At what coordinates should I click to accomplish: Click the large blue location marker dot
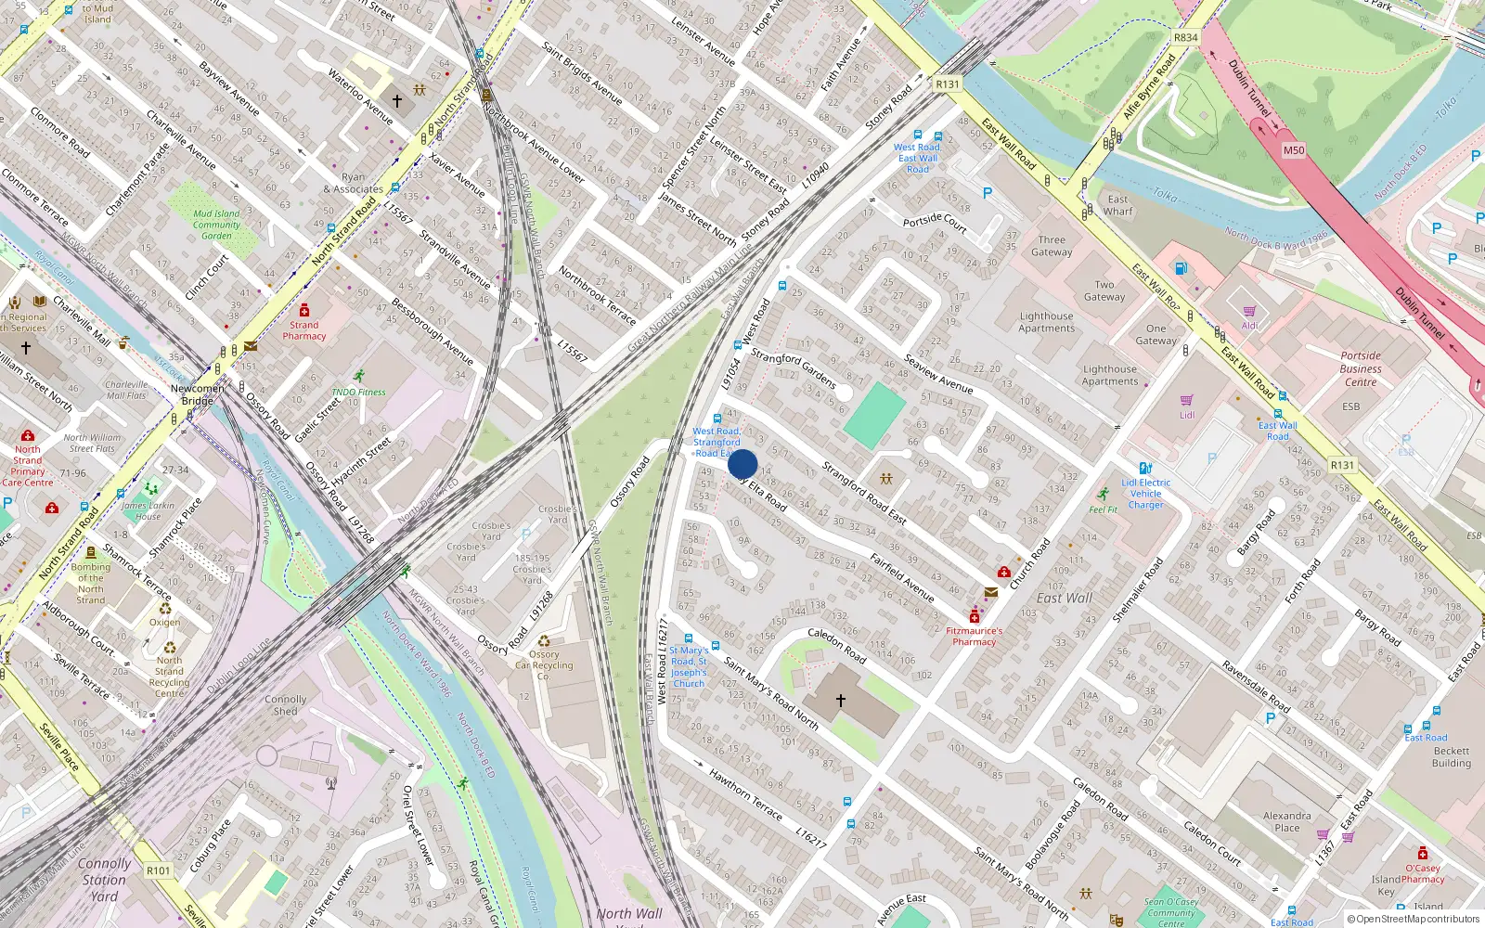point(742,464)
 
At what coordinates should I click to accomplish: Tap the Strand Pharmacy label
point(304,330)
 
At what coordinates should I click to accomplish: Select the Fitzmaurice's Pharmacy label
point(974,636)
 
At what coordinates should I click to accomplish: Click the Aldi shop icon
point(1249,312)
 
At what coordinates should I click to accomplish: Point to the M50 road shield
point(1293,150)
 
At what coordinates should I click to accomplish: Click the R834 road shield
point(1185,38)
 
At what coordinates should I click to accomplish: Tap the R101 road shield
point(159,870)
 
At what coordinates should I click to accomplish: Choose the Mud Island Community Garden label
point(216,225)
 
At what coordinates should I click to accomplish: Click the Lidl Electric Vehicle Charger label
point(1146,494)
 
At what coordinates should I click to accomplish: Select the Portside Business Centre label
point(1361,368)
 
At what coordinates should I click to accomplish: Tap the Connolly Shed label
point(285,705)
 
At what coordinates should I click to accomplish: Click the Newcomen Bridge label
point(197,394)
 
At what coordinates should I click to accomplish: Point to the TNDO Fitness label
point(358,392)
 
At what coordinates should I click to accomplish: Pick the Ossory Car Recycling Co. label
point(544,664)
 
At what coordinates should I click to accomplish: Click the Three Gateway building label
point(1052,246)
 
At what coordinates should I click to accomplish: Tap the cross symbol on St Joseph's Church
point(841,701)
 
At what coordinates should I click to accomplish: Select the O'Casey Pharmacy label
point(1422,873)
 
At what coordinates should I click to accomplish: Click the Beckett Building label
point(1451,757)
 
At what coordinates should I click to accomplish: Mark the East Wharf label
point(1117,205)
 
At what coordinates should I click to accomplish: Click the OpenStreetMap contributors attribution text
point(1413,919)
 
